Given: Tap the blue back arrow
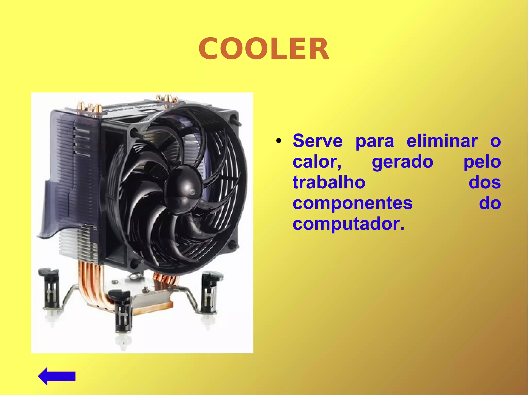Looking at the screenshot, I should [56, 376].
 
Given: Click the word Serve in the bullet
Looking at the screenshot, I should [317, 141].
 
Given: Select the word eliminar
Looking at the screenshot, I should [442, 141].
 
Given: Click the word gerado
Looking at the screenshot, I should [402, 162].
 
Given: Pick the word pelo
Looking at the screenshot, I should [482, 162].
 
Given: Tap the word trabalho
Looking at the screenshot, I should [329, 182].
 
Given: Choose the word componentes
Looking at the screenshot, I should [352, 203].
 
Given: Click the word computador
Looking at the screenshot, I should [348, 224].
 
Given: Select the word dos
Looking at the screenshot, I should [484, 182].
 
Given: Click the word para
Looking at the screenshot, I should [375, 141].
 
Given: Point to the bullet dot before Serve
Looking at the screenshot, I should [278, 141].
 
